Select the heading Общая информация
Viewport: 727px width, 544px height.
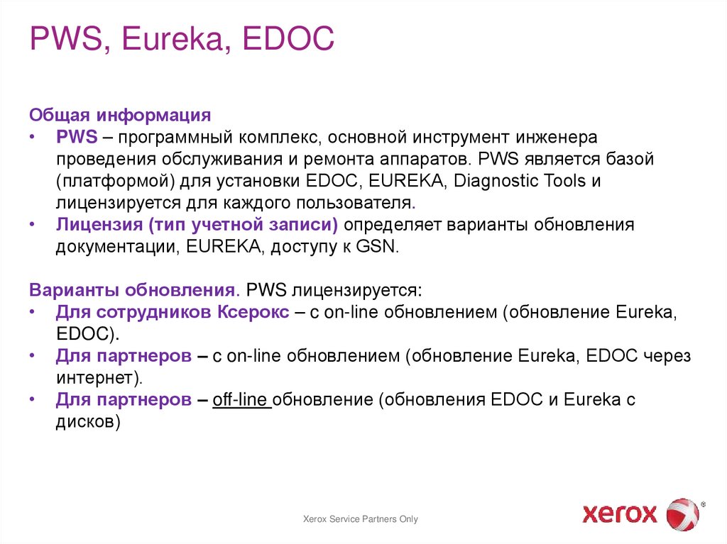click(120, 114)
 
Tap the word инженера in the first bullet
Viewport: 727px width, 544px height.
click(558, 136)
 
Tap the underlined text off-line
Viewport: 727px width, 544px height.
click(241, 401)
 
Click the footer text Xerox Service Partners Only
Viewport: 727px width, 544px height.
click(361, 519)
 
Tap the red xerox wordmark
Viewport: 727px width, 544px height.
click(620, 513)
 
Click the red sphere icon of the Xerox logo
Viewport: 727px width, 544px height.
click(682, 514)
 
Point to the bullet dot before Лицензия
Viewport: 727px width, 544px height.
click(34, 225)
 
